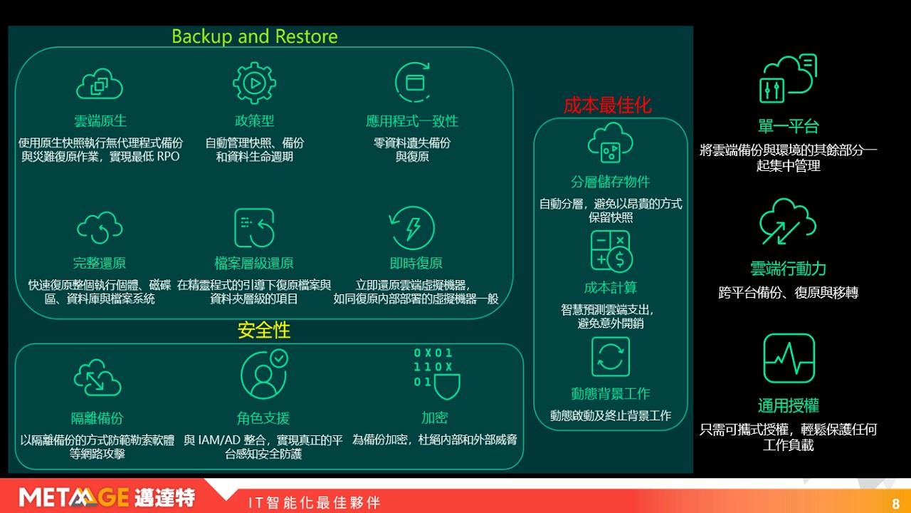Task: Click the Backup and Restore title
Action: pos(255,36)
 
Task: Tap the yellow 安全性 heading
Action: pos(263,330)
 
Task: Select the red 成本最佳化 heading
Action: pos(608,105)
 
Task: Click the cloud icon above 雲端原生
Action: pos(100,84)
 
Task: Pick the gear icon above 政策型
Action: pos(255,83)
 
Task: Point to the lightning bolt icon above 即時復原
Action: pos(412,227)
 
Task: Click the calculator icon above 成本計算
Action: pos(611,252)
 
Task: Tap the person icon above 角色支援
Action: pos(264,375)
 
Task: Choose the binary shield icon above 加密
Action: pos(437,374)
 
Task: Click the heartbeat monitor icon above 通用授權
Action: pos(789,358)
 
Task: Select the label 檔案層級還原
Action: pos(254,263)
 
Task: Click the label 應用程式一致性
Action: pos(412,121)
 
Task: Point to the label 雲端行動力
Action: pos(788,269)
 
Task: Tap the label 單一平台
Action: pos(788,126)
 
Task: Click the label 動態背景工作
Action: pos(611,393)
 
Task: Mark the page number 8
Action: pos(895,504)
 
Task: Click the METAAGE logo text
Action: pos(74,497)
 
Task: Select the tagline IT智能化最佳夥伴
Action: pos(315,503)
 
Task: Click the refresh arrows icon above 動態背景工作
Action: pos(611,357)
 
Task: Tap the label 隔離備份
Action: pos(98,418)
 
